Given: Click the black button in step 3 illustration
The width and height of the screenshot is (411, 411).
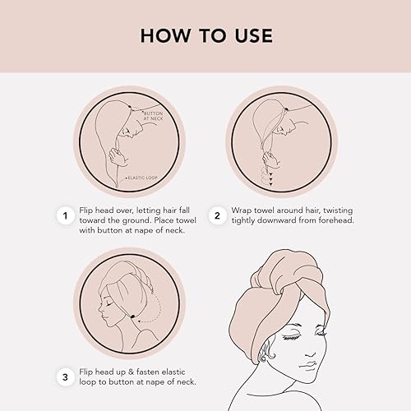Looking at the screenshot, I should [x=129, y=312].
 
